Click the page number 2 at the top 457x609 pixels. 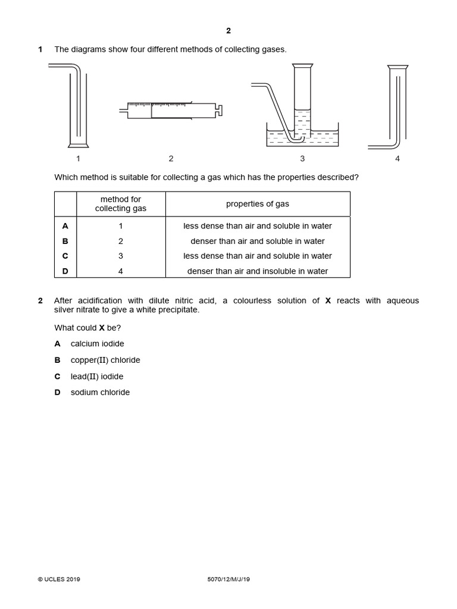(x=228, y=31)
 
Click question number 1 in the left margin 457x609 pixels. (x=40, y=49)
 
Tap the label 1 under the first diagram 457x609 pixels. (x=78, y=158)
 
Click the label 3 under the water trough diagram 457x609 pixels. (x=302, y=158)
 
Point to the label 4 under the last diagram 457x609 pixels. (x=397, y=158)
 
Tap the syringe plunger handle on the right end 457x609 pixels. (x=220, y=110)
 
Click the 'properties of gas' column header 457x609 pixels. (x=257, y=204)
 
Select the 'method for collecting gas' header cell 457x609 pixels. (x=121, y=204)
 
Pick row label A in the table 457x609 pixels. (x=65, y=226)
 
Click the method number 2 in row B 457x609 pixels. (x=121, y=241)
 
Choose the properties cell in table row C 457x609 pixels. (x=257, y=256)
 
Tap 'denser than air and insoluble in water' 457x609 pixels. (x=257, y=271)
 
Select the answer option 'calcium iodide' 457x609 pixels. (x=97, y=344)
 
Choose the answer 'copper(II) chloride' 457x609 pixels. (x=105, y=360)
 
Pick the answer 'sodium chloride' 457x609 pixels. (x=100, y=393)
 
